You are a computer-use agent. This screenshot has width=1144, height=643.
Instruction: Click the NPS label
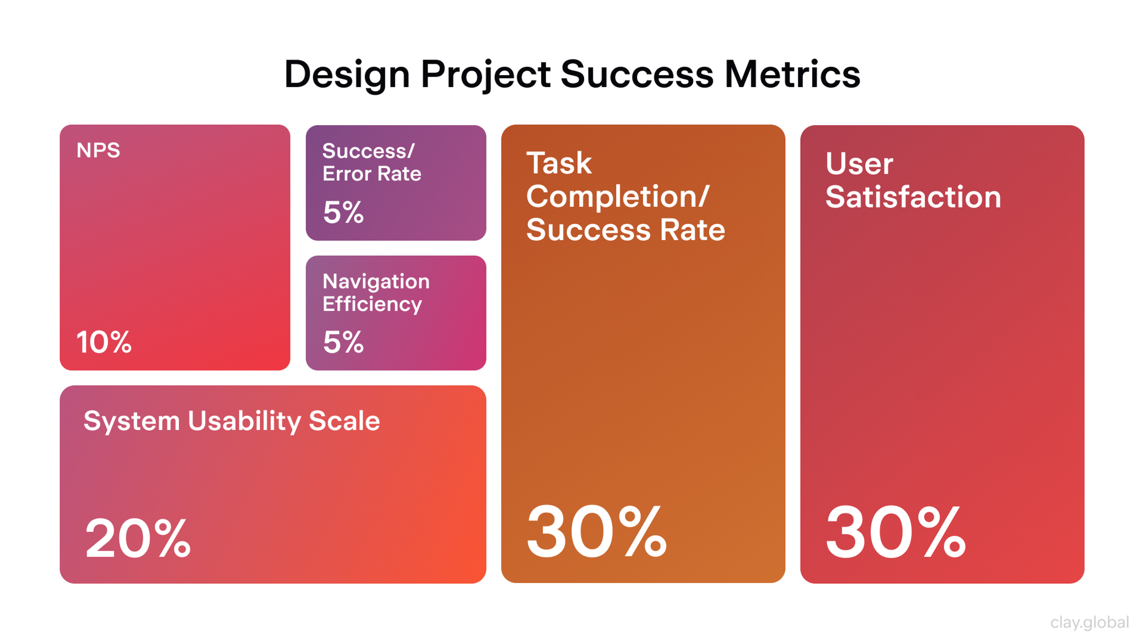tap(98, 150)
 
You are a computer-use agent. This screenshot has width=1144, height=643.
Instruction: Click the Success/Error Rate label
tap(371, 162)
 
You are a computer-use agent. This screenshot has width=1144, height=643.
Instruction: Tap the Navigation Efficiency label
tap(376, 292)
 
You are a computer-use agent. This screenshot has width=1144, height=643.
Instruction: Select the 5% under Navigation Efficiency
tap(343, 342)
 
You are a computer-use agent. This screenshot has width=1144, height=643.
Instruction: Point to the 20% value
tap(138, 538)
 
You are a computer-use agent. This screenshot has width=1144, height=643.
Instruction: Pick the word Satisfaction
tap(913, 196)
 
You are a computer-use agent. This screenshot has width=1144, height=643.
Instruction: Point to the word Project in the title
tap(485, 74)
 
